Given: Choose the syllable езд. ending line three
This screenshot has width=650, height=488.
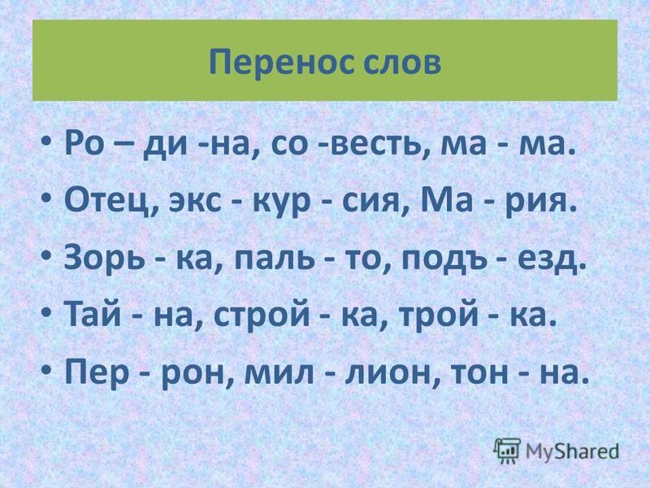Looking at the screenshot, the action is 552,260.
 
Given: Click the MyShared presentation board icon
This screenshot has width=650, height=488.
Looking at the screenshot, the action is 507,451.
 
